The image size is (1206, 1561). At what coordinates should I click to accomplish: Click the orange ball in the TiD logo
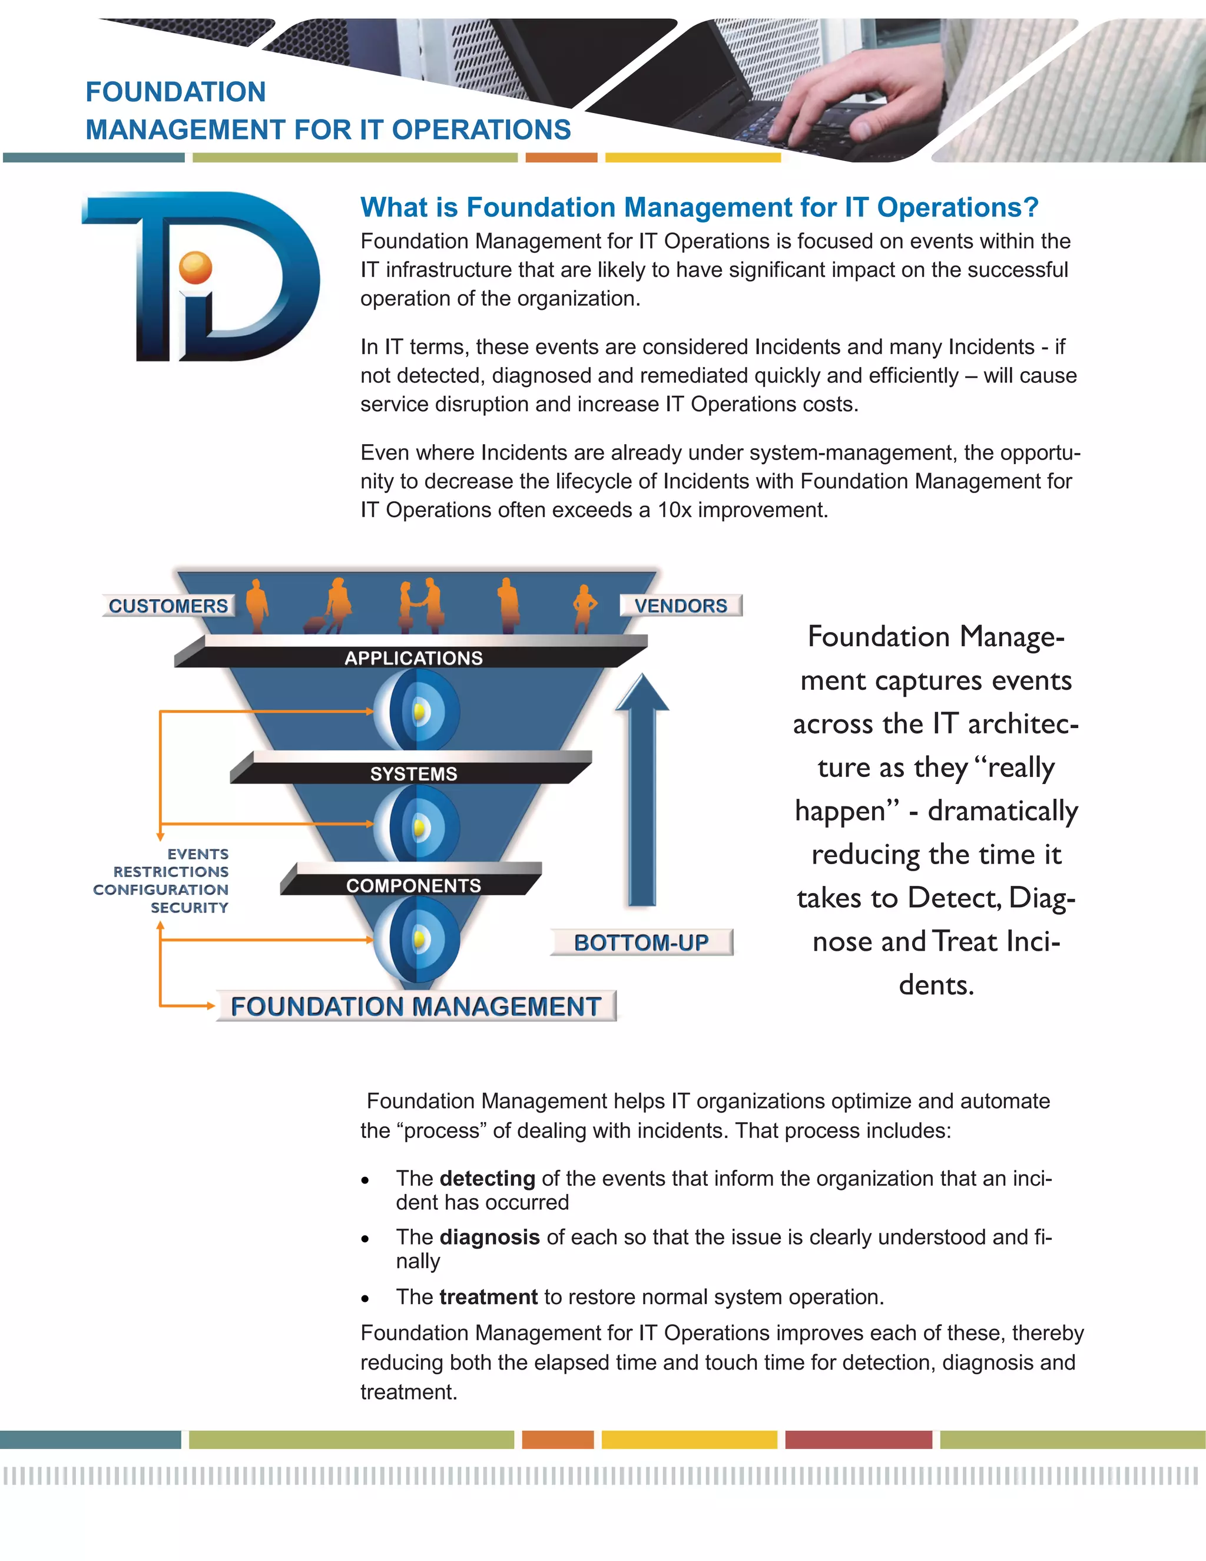point(196,268)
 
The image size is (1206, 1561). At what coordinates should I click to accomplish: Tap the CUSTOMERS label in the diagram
point(168,606)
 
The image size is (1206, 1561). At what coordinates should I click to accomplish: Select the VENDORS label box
point(680,606)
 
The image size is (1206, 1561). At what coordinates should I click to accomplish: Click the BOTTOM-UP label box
point(641,942)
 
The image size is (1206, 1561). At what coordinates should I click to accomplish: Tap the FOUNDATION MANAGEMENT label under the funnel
point(415,1006)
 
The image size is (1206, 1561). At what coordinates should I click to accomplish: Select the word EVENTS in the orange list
point(198,854)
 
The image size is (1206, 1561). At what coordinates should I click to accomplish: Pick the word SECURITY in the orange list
point(190,908)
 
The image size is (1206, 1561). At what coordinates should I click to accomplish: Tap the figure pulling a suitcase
point(333,607)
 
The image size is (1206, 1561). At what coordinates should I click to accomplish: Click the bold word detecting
point(487,1178)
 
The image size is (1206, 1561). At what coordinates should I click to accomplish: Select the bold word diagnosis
point(489,1236)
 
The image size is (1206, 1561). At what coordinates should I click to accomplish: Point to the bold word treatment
point(488,1297)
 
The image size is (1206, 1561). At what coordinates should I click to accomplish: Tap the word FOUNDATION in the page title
point(175,92)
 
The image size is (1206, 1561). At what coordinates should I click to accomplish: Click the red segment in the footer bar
point(858,1440)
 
